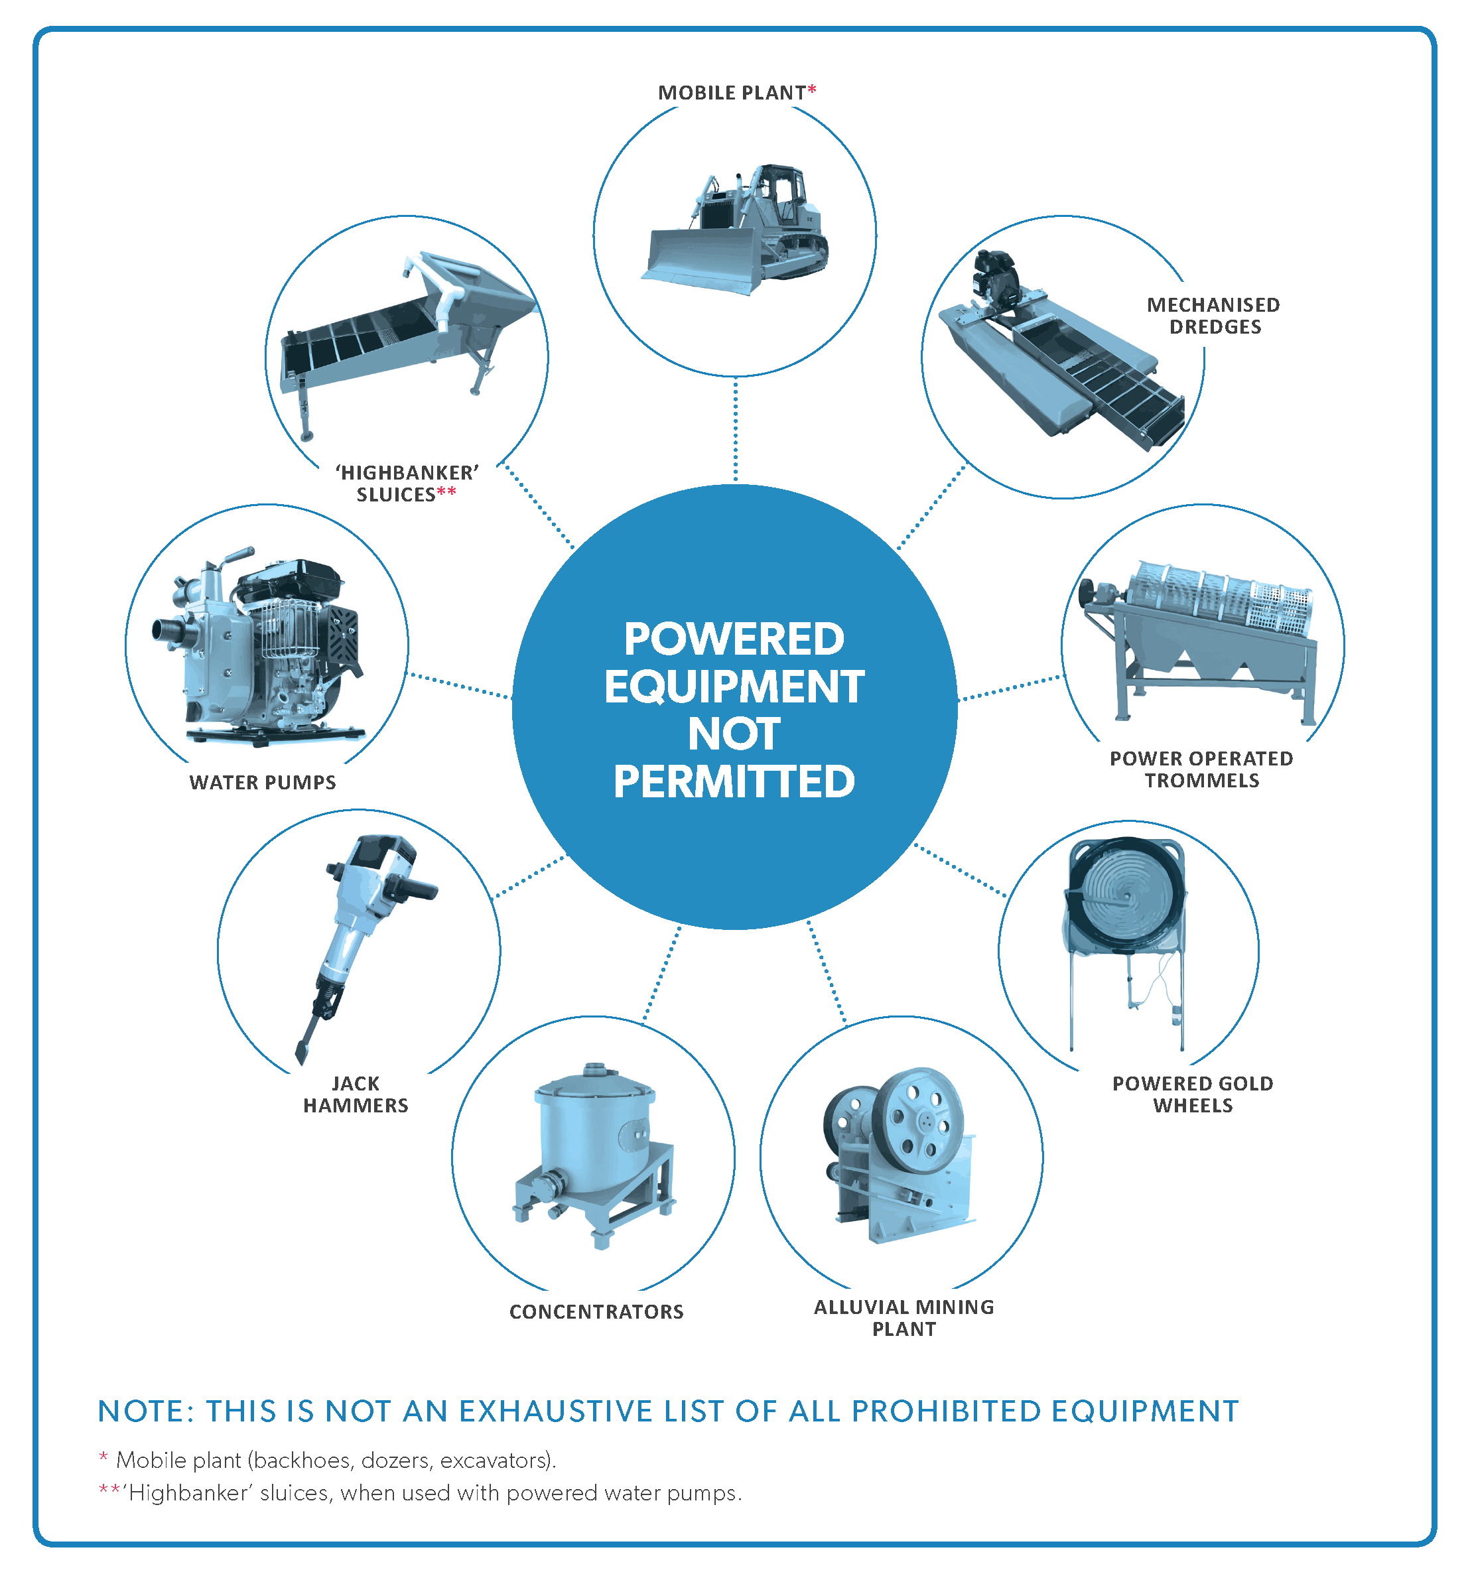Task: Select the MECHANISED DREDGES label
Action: click(1213, 316)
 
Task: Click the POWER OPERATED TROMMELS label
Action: click(1201, 769)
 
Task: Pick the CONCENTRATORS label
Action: click(596, 1312)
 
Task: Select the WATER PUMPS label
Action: click(263, 783)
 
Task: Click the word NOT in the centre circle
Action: click(734, 734)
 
